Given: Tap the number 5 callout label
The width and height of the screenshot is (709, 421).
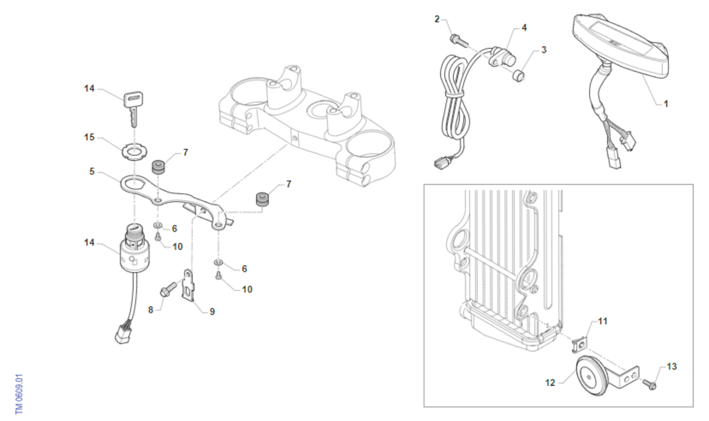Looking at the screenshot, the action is point(92,171).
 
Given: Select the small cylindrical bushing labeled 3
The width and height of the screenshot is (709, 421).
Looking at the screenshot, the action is point(519,76).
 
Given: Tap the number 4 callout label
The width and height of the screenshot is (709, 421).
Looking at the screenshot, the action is point(524,28).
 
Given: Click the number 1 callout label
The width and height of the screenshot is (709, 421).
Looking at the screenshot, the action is point(666,104).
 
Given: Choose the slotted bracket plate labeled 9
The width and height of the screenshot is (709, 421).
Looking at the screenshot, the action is point(188,284).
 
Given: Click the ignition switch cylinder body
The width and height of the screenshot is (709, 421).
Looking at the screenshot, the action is point(135,253).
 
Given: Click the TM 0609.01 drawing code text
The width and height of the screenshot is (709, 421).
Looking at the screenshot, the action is point(19,394).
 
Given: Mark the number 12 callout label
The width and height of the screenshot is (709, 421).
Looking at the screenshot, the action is point(550,383).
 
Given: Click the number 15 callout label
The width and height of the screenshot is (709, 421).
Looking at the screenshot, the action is point(89,137).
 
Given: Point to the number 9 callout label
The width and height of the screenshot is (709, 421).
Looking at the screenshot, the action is point(212,312).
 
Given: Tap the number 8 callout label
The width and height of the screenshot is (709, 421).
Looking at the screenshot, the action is point(151,310).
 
